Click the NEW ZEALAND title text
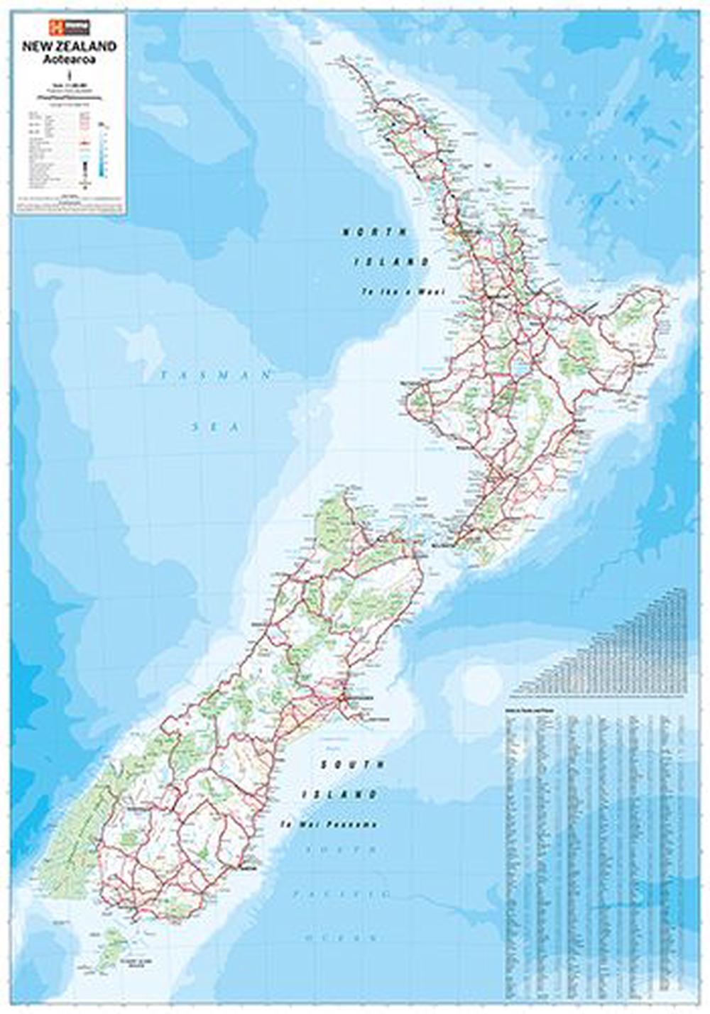tap(69, 46)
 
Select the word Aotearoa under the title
tap(69, 59)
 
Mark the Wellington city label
tap(444, 546)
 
